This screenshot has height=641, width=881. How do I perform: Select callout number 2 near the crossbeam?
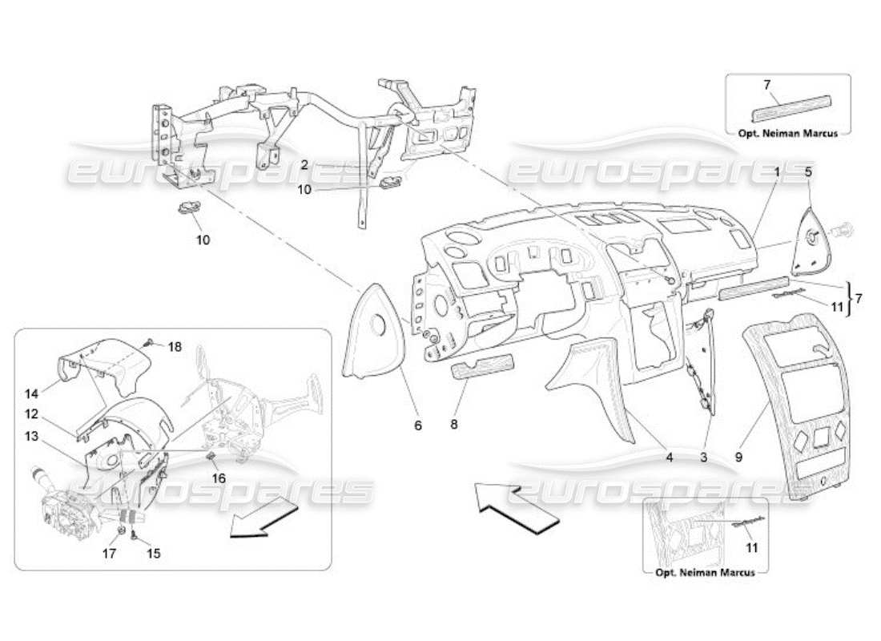[304, 164]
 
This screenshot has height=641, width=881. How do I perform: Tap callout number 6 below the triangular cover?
[417, 425]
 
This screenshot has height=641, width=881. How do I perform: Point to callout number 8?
[454, 425]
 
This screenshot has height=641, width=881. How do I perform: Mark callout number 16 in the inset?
[218, 478]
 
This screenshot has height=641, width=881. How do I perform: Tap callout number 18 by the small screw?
[175, 347]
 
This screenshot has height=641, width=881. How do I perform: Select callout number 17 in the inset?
[111, 554]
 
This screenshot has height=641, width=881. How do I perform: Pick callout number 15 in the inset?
[153, 554]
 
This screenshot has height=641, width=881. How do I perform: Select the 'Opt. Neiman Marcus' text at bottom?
[706, 573]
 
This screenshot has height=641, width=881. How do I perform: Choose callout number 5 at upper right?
[807, 171]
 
